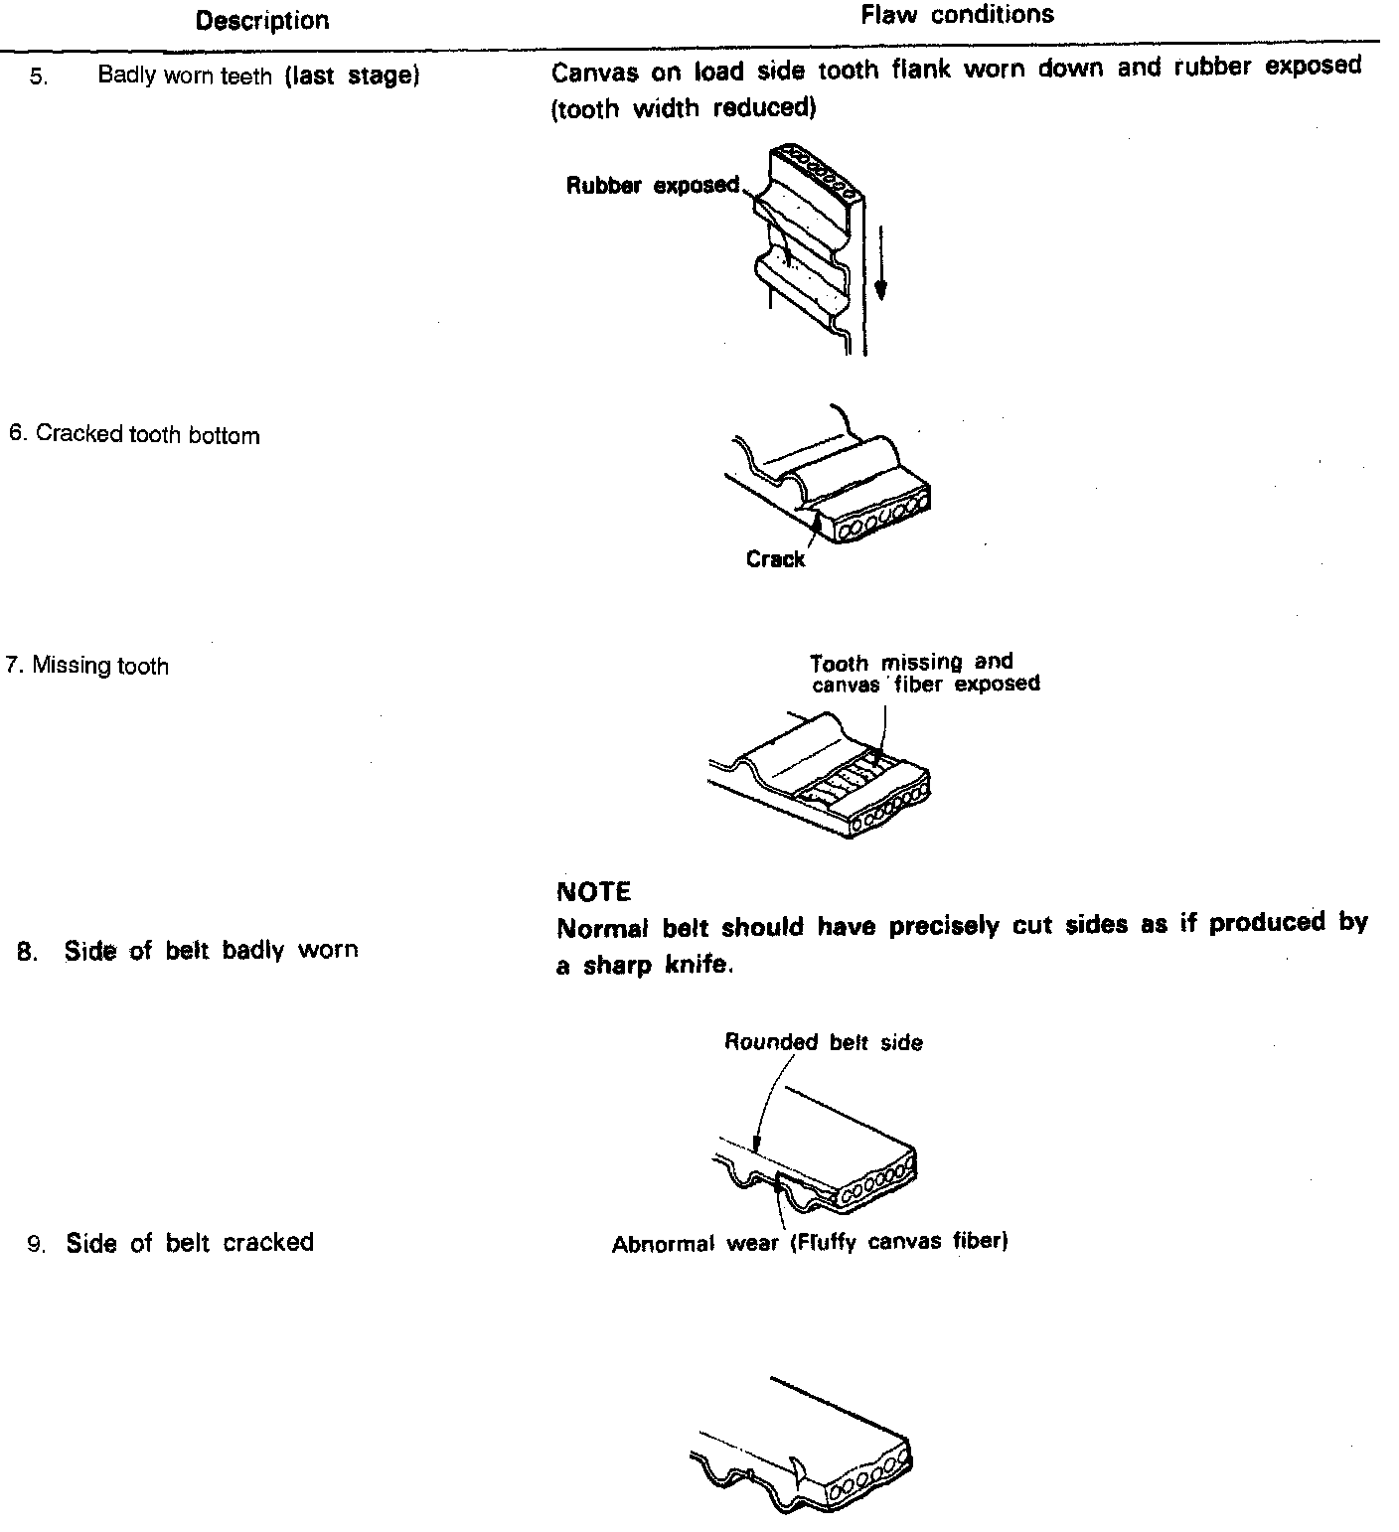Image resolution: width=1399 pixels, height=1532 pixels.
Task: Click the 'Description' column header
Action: tap(262, 20)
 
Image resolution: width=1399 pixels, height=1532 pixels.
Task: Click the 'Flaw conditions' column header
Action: tap(957, 15)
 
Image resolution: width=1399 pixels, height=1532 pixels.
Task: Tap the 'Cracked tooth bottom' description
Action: tap(134, 435)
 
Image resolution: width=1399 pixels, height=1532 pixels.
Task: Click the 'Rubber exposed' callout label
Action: tap(652, 185)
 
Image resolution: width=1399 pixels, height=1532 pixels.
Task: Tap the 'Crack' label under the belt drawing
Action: tap(775, 559)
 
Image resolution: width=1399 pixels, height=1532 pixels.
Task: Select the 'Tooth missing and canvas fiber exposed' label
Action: tap(924, 673)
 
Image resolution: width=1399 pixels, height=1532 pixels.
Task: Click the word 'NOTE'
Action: tap(594, 891)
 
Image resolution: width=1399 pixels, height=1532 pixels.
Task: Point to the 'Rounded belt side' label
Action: tap(823, 1042)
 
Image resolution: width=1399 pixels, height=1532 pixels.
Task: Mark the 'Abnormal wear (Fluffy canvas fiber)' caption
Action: tap(810, 1243)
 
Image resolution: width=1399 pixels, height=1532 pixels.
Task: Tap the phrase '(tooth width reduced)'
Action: tap(684, 108)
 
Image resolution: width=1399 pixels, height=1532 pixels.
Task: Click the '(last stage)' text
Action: tap(352, 76)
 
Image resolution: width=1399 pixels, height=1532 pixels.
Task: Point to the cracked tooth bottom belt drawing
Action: tap(830, 477)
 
